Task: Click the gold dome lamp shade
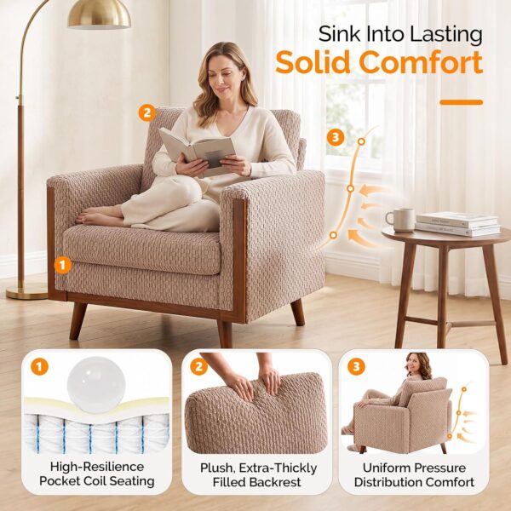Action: (x=99, y=14)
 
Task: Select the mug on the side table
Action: (x=400, y=220)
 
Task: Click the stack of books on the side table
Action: (x=458, y=224)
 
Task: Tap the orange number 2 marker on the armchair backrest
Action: (x=147, y=112)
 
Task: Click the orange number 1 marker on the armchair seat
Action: (x=62, y=265)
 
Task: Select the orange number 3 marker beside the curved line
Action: (x=336, y=137)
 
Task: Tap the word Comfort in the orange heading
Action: (x=421, y=62)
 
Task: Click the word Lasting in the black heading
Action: (x=445, y=35)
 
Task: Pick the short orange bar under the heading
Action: (x=461, y=102)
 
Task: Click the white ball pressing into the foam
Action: (x=96, y=385)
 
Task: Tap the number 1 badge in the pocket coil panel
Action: (x=39, y=366)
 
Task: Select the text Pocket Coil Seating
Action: (x=97, y=481)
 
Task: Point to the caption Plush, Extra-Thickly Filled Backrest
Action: (x=258, y=475)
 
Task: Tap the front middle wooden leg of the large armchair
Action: (x=225, y=334)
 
